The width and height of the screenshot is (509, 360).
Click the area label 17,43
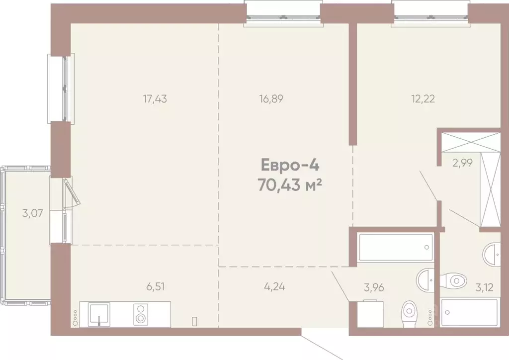tap(155, 98)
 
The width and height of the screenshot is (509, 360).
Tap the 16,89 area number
tap(271, 98)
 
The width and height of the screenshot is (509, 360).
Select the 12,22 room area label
tap(423, 98)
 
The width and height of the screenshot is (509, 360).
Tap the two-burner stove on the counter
tap(141, 314)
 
